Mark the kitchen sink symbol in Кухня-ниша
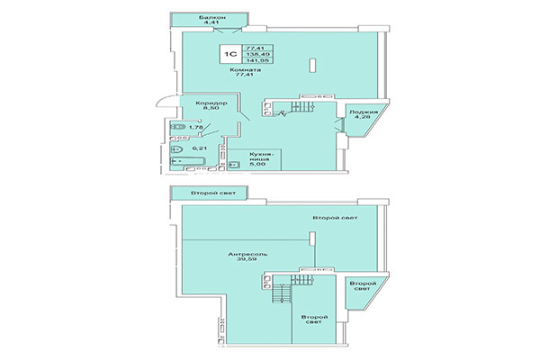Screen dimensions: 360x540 (x=232, y=165)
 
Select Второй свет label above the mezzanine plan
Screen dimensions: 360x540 (x=207, y=193)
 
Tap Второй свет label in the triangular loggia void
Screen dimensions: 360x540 (x=359, y=289)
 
